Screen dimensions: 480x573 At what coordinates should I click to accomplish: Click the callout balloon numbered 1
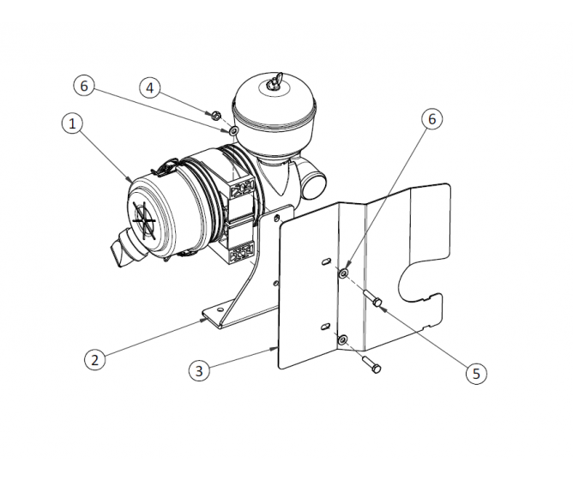[x=74, y=124]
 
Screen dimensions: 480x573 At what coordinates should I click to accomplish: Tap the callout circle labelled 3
[x=199, y=370]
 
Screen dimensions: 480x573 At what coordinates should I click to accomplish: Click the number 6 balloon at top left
[x=82, y=86]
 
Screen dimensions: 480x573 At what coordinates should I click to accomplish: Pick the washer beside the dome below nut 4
[x=233, y=130]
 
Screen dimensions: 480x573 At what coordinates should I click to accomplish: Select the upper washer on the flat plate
[x=344, y=273]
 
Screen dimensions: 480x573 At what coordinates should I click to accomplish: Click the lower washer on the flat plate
[x=342, y=339]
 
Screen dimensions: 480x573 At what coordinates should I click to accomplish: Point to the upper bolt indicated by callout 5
[x=376, y=301]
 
